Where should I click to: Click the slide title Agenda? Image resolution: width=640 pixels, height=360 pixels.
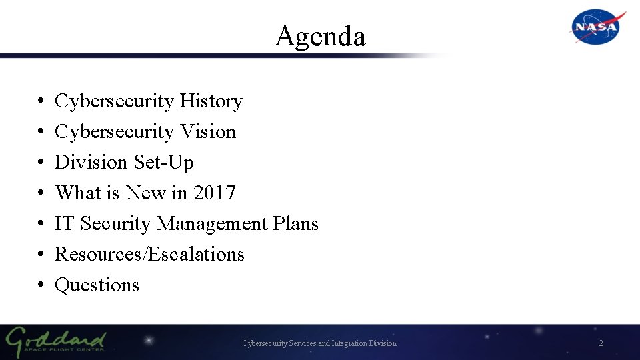pos(320,36)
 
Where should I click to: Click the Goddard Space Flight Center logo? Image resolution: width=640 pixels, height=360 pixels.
pos(56,341)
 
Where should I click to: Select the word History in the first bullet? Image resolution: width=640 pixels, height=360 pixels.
pos(211,101)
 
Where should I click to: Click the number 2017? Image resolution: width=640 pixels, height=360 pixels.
pos(214,193)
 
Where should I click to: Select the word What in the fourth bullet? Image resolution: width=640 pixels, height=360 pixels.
pos(77,193)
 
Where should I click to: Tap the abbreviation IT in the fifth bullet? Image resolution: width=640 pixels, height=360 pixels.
pos(64,224)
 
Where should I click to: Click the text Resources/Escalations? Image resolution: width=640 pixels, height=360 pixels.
pos(149,255)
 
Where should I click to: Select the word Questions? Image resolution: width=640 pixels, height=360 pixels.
pos(97,285)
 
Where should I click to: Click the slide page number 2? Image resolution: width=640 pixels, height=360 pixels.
pos(601,343)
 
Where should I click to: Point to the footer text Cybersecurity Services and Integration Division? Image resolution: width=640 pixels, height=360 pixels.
pos(319,343)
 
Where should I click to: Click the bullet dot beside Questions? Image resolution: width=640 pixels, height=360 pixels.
pos(41,286)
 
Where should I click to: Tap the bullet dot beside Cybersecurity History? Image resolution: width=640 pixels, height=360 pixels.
pos(41,102)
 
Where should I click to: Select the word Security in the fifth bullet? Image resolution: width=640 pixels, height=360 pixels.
pos(115,224)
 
